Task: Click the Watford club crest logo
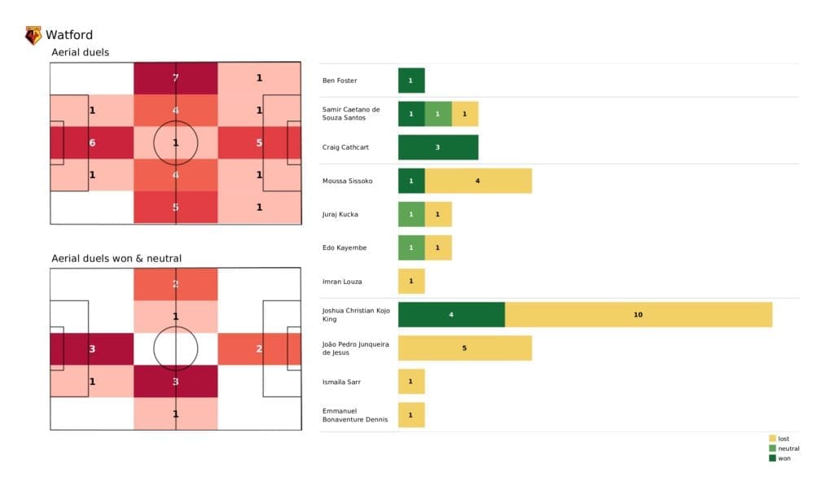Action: [x=33, y=35]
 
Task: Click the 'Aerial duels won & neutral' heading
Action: [x=116, y=258]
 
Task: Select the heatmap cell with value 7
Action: [x=176, y=78]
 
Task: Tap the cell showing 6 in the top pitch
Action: [x=92, y=142]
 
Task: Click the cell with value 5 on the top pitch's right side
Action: [x=259, y=142]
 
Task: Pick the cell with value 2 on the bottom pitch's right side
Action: [x=259, y=349]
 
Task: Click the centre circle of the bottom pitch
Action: [x=176, y=349]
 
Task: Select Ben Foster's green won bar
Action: [x=411, y=81]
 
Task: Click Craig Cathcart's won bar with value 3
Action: [x=438, y=147]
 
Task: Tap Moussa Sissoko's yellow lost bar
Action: [x=478, y=181]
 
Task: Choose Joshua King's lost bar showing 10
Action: [x=639, y=314]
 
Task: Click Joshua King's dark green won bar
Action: [x=451, y=314]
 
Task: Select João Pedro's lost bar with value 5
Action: [x=465, y=348]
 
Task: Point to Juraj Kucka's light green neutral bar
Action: [x=411, y=214]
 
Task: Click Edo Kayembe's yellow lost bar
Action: [x=438, y=247]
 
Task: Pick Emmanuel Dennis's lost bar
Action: [x=411, y=415]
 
